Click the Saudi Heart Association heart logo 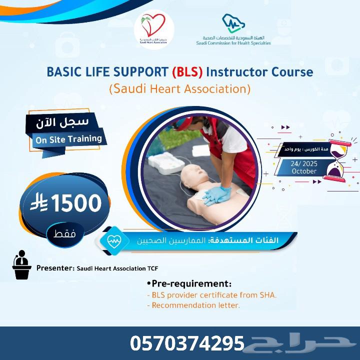click(153, 26)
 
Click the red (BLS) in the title click(187, 71)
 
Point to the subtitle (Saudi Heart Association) click(179, 89)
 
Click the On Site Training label click(68, 139)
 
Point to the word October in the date click(304, 171)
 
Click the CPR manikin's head click(190, 174)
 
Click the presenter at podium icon click(21, 265)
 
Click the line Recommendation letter click(193, 304)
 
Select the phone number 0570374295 click(187, 343)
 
